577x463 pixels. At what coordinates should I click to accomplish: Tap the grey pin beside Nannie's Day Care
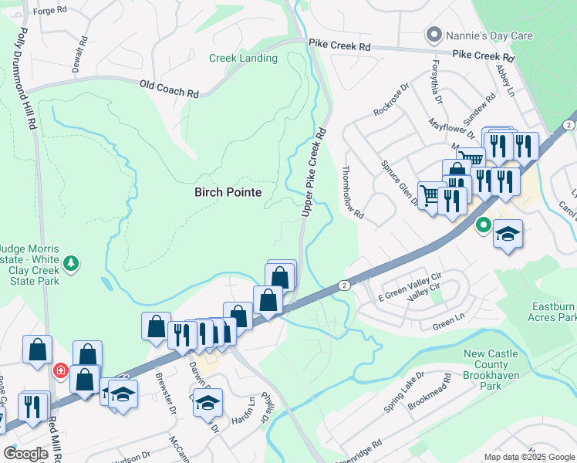(x=434, y=35)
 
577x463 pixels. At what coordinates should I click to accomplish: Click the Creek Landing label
(x=243, y=59)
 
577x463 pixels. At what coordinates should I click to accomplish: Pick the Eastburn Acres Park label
(x=553, y=312)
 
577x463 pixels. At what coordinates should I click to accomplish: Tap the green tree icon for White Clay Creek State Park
(x=71, y=263)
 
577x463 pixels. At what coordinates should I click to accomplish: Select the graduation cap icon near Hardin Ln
(x=207, y=403)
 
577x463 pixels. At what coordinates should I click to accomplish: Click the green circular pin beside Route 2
(x=483, y=226)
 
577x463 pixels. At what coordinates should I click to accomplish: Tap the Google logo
(x=26, y=454)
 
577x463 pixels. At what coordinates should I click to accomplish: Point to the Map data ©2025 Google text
(x=530, y=457)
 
